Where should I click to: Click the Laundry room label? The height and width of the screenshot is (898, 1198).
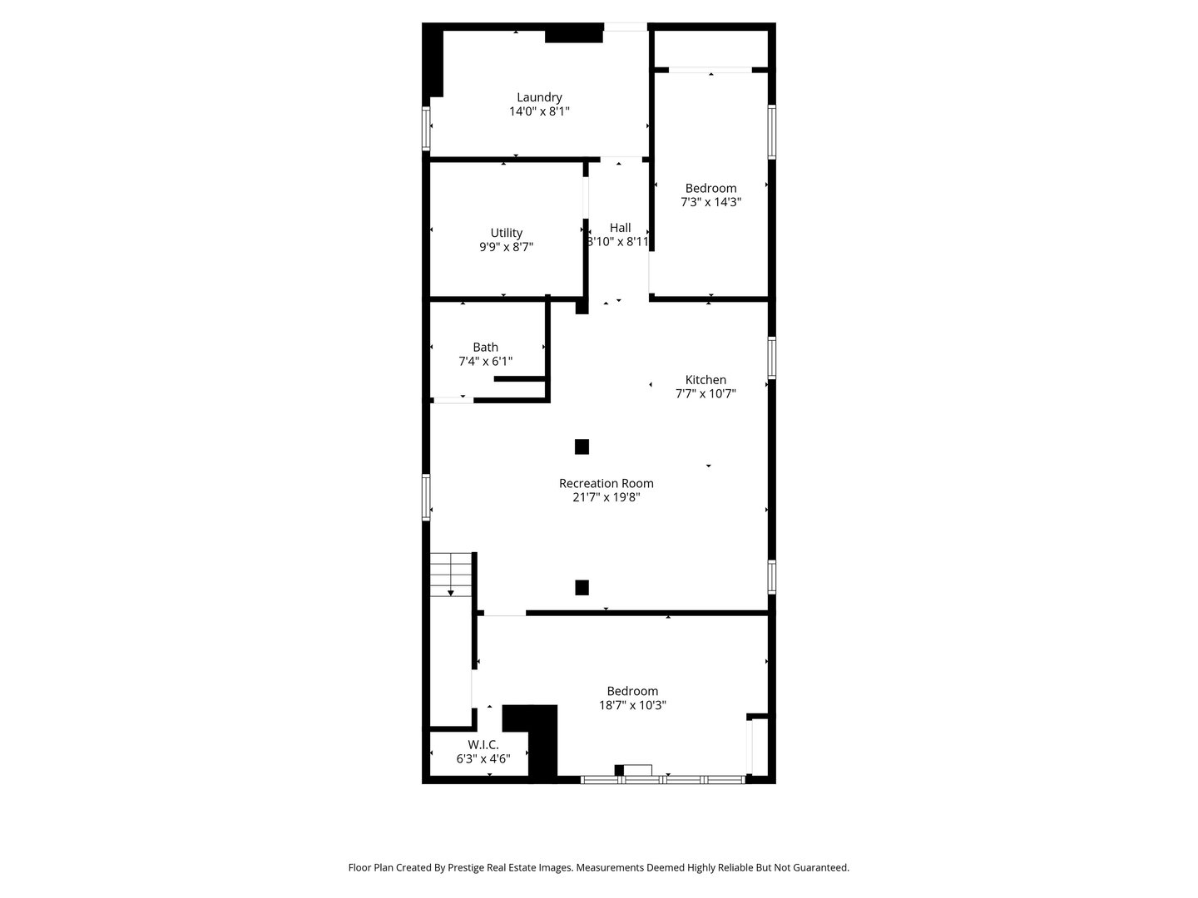(x=539, y=97)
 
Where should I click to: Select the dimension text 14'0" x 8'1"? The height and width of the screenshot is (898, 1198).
(x=539, y=111)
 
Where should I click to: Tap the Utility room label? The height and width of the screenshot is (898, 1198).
(x=506, y=233)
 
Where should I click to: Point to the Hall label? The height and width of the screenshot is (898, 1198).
(x=620, y=228)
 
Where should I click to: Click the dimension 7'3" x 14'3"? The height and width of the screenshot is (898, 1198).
(x=710, y=202)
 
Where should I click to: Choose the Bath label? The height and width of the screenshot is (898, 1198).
(x=485, y=348)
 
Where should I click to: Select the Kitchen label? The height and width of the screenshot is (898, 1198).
(x=705, y=380)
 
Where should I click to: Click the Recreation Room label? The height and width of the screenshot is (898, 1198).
(x=606, y=483)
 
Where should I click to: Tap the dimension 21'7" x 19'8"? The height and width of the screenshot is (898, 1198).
(x=606, y=497)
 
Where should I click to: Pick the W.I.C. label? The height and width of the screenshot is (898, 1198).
(x=483, y=745)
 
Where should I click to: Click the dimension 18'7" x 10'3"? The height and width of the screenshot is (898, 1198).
(x=632, y=705)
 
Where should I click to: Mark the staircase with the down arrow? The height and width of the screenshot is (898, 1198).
(x=451, y=574)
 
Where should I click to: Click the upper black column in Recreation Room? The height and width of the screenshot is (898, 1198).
(x=582, y=447)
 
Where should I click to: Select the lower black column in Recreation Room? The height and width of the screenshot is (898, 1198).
(x=582, y=587)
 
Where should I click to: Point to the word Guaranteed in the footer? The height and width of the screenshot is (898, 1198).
(x=819, y=867)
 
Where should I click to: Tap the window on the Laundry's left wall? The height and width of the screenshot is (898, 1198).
(x=426, y=129)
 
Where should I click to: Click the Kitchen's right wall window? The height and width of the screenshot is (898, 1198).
(x=772, y=358)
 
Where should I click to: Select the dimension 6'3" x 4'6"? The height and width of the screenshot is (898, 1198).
(x=483, y=758)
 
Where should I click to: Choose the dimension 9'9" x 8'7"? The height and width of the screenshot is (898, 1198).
(x=506, y=247)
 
